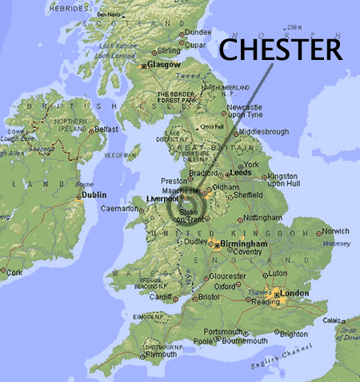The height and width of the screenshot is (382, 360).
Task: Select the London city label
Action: tap(294, 295)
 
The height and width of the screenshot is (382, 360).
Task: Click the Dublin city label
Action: tap(94, 194)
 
